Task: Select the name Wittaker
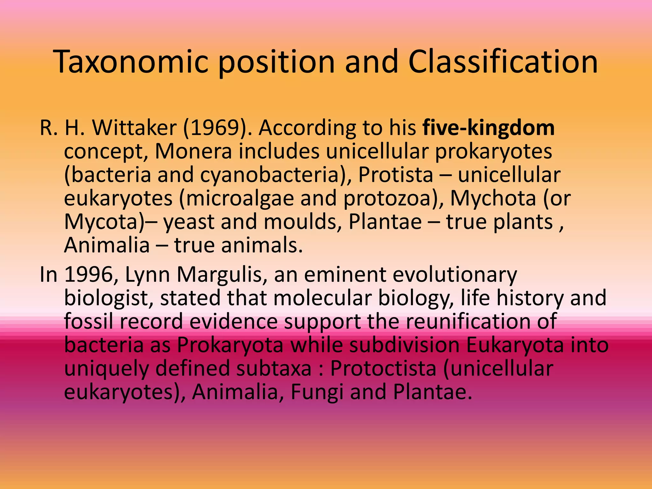tap(134, 128)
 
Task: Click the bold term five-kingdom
tap(488, 128)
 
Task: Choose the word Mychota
tap(493, 198)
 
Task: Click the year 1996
tap(89, 274)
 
